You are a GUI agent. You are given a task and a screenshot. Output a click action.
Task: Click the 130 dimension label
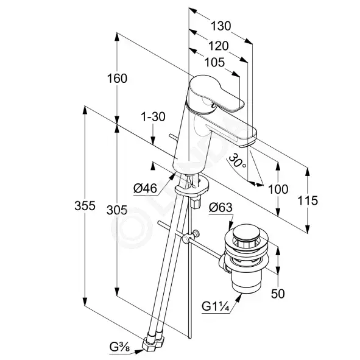(x=221, y=26)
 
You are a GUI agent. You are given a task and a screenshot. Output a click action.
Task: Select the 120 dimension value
(x=218, y=46)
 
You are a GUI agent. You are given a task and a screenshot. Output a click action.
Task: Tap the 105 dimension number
(x=214, y=63)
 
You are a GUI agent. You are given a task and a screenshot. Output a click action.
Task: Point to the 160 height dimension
(x=117, y=79)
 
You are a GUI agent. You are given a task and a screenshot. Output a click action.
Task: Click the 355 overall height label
(x=85, y=206)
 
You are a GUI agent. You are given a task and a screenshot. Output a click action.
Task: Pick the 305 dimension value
(x=117, y=210)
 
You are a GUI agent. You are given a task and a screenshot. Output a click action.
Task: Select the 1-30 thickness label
(x=153, y=116)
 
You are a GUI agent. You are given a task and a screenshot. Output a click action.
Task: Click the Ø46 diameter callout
(x=145, y=188)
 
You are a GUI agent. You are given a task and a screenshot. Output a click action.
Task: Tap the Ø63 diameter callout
(x=221, y=208)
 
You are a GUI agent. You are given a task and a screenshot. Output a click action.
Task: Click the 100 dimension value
(x=278, y=189)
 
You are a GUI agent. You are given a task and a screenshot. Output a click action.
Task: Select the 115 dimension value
(x=308, y=200)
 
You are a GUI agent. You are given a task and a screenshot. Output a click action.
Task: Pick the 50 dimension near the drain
(x=278, y=294)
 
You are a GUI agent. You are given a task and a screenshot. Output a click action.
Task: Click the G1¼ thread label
(x=216, y=306)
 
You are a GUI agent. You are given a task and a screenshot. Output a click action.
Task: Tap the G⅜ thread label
(x=119, y=347)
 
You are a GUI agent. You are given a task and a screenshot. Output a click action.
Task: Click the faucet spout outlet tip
(x=247, y=144)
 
